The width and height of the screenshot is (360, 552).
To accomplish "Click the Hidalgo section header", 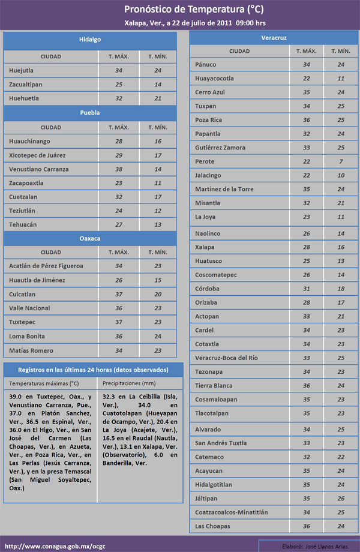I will click(90, 40).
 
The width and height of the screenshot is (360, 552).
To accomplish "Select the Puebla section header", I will click(90, 113).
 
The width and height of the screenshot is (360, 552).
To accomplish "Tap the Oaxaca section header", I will click(90, 238).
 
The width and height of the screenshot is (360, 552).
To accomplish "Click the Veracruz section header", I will click(274, 38).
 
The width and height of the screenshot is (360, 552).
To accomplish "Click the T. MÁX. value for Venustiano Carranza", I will click(119, 169).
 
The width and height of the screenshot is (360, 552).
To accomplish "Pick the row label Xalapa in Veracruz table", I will click(205, 247).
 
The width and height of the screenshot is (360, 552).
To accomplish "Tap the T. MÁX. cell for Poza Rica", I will click(307, 120).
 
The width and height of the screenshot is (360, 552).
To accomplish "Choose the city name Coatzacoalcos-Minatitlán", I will click(231, 512).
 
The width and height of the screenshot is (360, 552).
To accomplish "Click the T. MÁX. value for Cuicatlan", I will click(119, 295).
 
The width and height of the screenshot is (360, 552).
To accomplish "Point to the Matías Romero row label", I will click(31, 350).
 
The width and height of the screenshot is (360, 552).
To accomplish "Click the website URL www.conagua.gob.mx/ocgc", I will click(49, 545).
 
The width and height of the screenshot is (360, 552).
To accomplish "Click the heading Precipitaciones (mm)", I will click(130, 383).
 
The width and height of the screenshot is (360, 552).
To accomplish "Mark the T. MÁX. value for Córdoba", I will click(307, 289).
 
